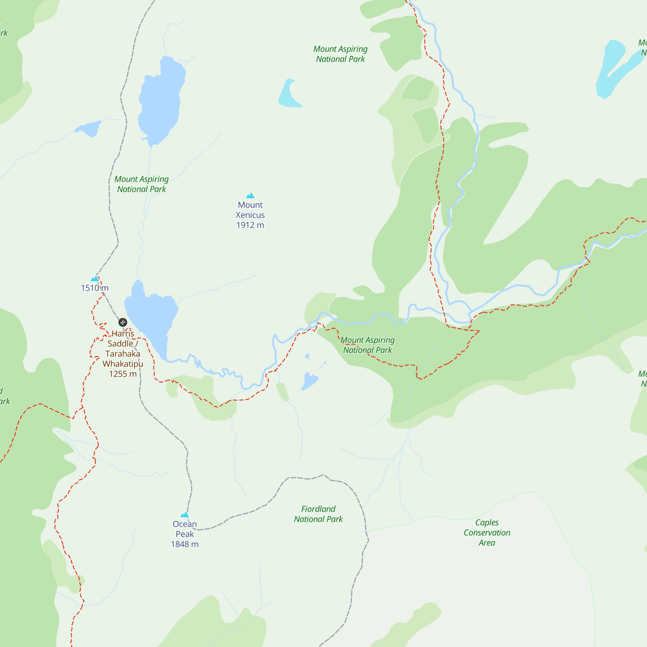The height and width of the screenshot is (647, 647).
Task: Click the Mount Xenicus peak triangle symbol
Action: pos(250,196)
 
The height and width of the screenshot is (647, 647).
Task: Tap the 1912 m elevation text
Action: pos(250,225)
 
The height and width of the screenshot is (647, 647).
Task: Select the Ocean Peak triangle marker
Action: pos(185,515)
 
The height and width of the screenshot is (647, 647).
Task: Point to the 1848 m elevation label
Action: pos(185,544)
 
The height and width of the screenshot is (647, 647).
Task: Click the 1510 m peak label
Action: pos(95,288)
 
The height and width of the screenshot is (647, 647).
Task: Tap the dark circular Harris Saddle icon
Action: pos(123,322)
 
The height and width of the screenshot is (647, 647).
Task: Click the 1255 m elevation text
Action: pos(123,374)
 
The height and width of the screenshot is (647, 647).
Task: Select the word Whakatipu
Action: pos(123,364)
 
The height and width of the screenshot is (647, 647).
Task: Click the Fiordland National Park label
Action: pos(318,514)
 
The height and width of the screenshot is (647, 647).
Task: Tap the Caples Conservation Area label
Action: pos(487,532)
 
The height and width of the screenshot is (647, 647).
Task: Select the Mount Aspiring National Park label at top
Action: pos(340,54)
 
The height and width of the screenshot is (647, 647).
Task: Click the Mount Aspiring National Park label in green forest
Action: pos(367,345)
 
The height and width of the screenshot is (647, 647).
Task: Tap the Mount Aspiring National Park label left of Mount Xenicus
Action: pos(141,184)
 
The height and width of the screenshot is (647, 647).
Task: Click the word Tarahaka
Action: pos(123,354)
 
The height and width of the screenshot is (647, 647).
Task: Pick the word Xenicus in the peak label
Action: pos(250,215)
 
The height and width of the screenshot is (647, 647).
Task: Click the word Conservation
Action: pos(487,532)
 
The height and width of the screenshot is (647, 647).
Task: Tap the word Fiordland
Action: pos(318,509)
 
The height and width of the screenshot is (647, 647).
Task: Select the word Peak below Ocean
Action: pos(185,534)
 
